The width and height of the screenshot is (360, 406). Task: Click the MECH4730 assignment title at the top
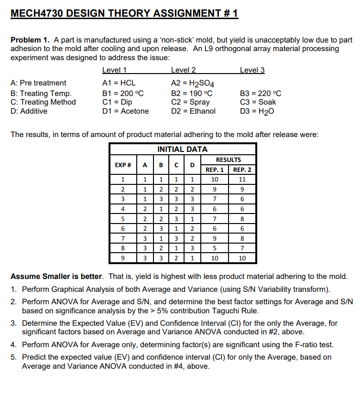[x=124, y=13]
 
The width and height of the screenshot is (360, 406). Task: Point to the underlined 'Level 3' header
[x=252, y=70]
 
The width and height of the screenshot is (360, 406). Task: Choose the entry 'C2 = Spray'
[x=190, y=102]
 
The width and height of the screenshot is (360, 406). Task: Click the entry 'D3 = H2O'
[x=257, y=111]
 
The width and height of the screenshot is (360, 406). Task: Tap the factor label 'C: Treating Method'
[x=43, y=102]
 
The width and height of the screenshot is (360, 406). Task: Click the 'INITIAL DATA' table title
[x=183, y=150]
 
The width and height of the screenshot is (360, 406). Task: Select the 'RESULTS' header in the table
[x=228, y=160]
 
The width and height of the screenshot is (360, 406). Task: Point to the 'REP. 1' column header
[x=215, y=170]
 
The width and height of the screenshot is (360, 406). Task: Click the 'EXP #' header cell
[x=123, y=165]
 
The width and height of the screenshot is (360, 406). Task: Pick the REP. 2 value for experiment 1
[x=242, y=180]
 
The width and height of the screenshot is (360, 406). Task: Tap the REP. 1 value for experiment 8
[x=215, y=248]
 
